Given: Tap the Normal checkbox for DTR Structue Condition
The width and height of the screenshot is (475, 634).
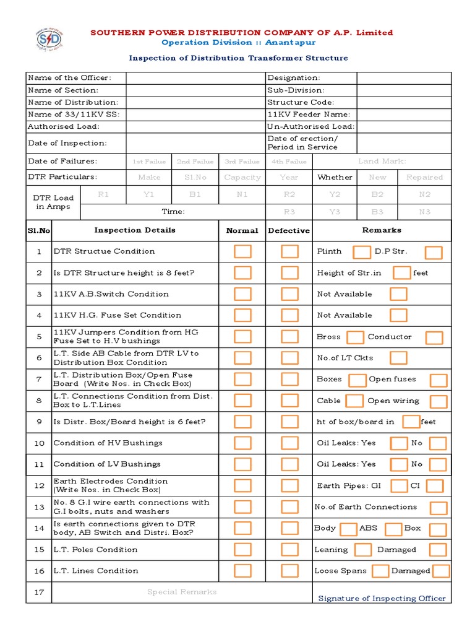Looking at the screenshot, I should [x=243, y=251].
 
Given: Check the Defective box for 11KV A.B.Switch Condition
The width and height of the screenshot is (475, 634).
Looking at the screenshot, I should [x=289, y=294].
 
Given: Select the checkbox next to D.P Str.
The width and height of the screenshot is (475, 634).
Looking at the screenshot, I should [x=434, y=252].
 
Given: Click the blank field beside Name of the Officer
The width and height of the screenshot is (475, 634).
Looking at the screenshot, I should [x=195, y=78].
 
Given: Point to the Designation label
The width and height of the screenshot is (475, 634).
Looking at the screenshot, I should [x=294, y=78].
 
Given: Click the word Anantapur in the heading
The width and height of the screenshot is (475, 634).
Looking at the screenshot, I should [x=291, y=42].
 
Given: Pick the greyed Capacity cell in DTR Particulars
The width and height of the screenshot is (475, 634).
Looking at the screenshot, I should [x=242, y=177].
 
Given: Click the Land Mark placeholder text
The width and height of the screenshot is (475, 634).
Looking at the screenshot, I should [x=382, y=162].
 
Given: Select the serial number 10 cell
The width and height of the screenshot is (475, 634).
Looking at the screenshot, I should [x=39, y=443].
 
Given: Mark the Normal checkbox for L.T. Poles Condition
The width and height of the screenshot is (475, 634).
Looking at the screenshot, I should [x=243, y=549].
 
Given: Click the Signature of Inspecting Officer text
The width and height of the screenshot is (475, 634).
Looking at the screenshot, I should [x=382, y=598].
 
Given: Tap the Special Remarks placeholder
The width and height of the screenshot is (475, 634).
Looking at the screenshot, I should [x=182, y=592].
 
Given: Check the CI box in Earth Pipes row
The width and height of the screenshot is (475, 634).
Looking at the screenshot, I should [x=435, y=486].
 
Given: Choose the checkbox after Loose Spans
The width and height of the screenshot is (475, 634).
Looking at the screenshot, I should [x=380, y=571].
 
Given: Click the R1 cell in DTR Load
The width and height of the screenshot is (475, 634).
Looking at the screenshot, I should [x=103, y=194].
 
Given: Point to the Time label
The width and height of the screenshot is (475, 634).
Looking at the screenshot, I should [x=173, y=212].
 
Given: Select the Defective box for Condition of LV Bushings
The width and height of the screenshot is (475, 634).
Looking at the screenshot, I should [x=289, y=464].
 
